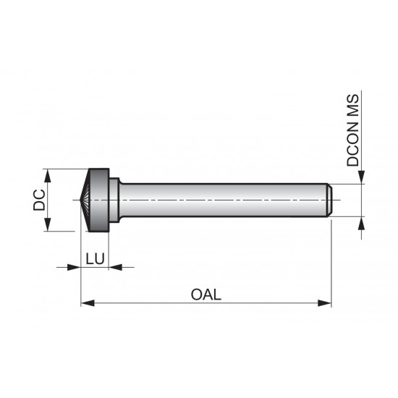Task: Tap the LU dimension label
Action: (95, 258)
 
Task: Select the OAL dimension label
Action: (206, 295)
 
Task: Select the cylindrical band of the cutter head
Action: (101, 200)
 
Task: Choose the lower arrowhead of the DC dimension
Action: (48, 226)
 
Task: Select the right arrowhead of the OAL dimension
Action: (326, 303)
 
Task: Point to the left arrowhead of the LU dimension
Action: (73, 267)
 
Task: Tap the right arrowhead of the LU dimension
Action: (114, 267)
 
